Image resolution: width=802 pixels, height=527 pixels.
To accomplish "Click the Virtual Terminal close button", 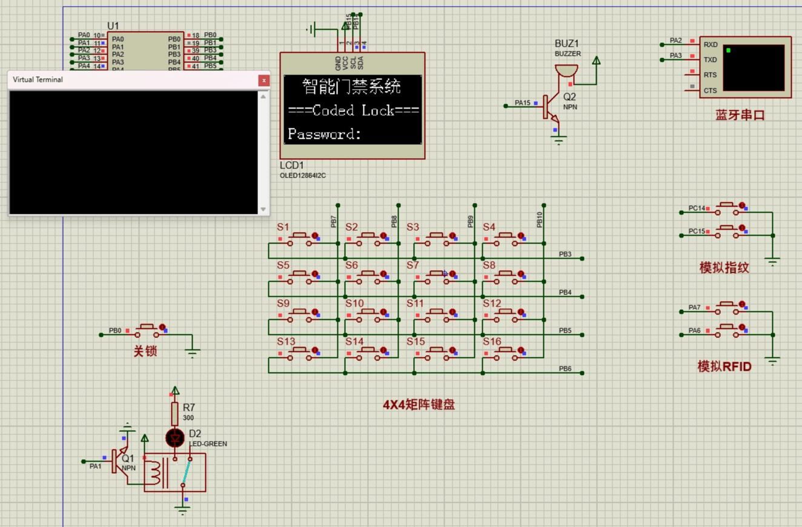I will pos(263,80).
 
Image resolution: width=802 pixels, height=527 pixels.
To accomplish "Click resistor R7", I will pos(175,414).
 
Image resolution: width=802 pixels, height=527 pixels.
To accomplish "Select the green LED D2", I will pos(175,437).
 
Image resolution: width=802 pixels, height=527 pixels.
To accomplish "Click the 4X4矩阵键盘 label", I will pos(419,405).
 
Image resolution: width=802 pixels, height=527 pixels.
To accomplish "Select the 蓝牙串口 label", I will pos(740,115).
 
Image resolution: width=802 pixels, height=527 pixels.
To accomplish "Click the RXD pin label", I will pos(710,45).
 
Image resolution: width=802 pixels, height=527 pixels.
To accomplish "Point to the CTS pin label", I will pos(710,91).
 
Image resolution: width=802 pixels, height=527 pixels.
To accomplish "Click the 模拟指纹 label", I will pos(724,268).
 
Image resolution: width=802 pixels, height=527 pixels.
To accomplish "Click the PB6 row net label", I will pos(565,368).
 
